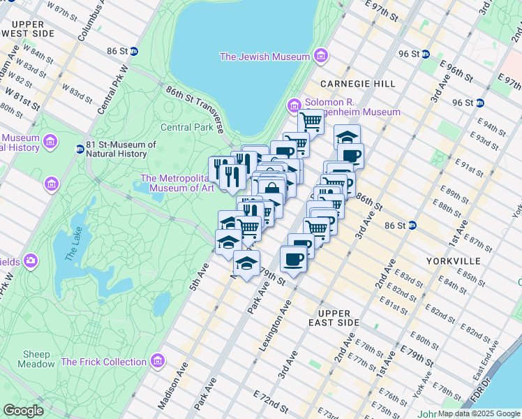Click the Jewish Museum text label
pos(264,57)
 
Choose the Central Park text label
pos(186,128)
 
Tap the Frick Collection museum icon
pos(158,361)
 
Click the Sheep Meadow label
pos(38,359)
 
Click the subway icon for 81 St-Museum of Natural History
pos(80,147)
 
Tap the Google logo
pos(23,411)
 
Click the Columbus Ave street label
pos(91,20)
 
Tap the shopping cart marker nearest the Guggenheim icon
pos(310,122)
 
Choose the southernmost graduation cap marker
pos(246,263)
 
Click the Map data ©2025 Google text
pos(479,413)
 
